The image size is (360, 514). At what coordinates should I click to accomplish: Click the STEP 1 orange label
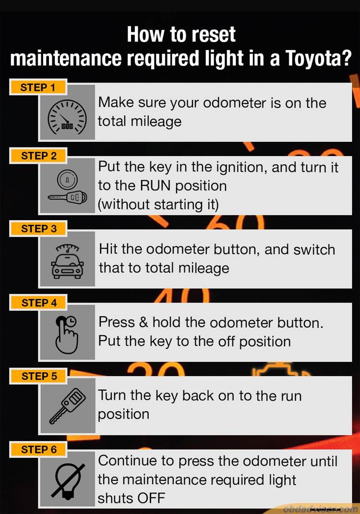pos(38,87)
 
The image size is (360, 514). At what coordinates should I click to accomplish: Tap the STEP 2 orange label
pos(39,156)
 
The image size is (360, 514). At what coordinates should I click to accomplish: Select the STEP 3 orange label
pos(39,229)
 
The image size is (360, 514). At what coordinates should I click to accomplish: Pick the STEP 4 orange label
pos(39,303)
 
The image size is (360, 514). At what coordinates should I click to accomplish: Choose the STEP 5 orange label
pos(39,376)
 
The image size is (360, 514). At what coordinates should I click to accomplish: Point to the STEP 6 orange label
pos(39,450)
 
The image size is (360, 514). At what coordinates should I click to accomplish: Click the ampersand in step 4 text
pos(143,322)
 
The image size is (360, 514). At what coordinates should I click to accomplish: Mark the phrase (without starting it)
pos(158,205)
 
